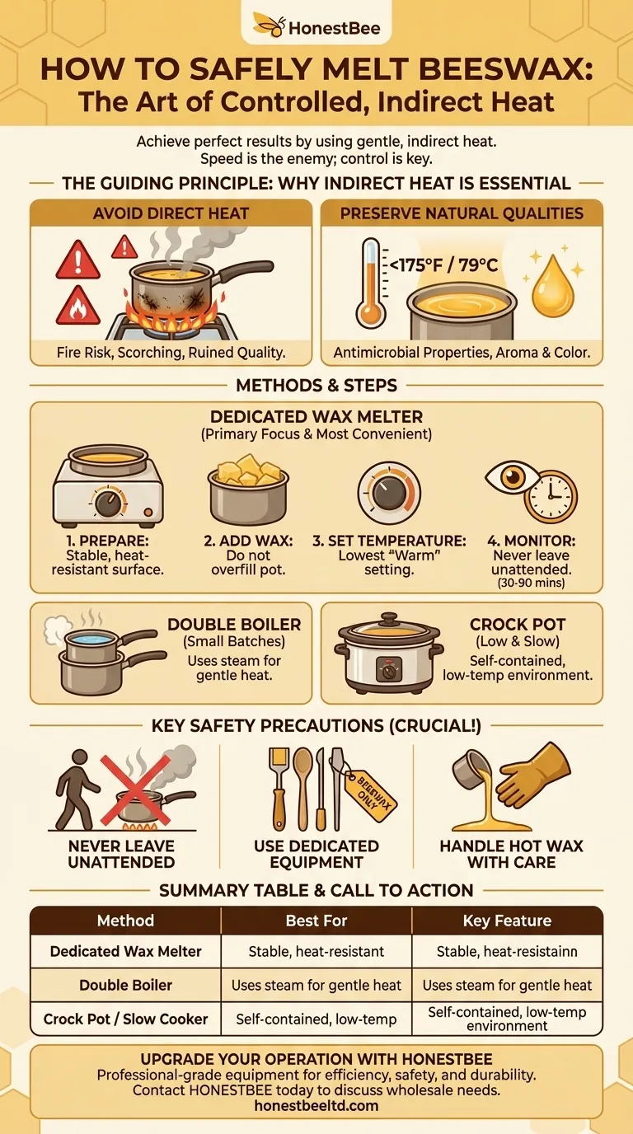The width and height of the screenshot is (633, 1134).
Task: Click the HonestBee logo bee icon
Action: point(269,26)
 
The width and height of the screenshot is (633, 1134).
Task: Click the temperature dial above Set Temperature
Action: point(389,492)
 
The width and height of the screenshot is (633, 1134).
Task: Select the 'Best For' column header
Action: point(316,921)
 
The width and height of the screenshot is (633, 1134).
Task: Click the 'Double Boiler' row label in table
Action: point(126,985)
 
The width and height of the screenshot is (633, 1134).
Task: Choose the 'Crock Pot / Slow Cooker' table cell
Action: point(126,1019)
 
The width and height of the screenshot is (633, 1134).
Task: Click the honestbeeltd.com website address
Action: point(316,1106)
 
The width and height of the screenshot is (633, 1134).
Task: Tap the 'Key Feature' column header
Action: point(507,921)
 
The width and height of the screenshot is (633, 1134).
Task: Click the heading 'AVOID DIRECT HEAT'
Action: point(171,213)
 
